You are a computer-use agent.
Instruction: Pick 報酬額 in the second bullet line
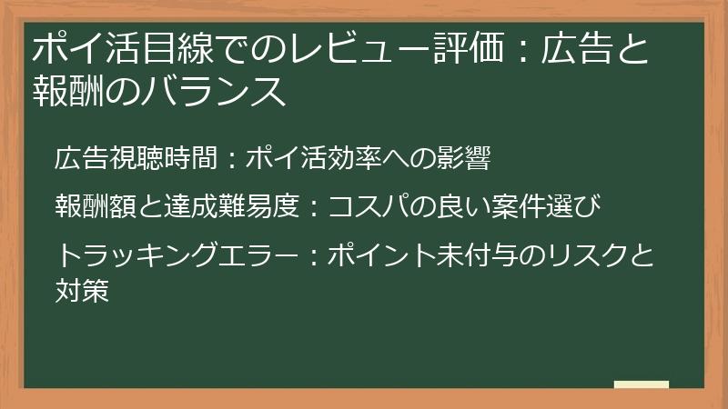[x=95, y=206]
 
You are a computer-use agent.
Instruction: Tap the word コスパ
[x=365, y=206]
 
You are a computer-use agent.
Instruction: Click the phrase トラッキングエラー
[x=176, y=254]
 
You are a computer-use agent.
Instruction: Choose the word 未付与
[x=485, y=254]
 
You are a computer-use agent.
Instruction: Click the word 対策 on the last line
[x=82, y=294]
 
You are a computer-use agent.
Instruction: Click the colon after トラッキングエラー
[x=310, y=254]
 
